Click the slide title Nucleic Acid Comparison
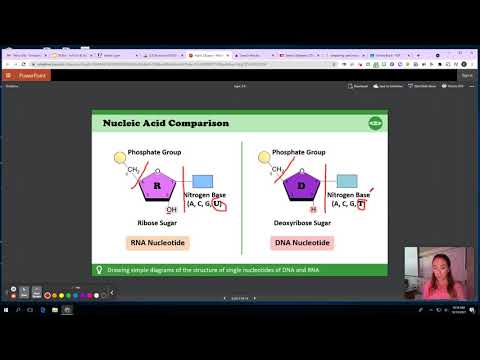(166, 123)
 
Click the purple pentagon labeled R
(157, 185)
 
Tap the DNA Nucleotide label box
(302, 243)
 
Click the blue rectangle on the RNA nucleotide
(201, 181)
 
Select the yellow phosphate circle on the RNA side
(121, 156)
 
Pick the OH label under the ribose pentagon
(172, 210)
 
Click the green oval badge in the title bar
(375, 123)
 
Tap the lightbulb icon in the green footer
(99, 269)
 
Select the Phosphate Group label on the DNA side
(298, 152)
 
